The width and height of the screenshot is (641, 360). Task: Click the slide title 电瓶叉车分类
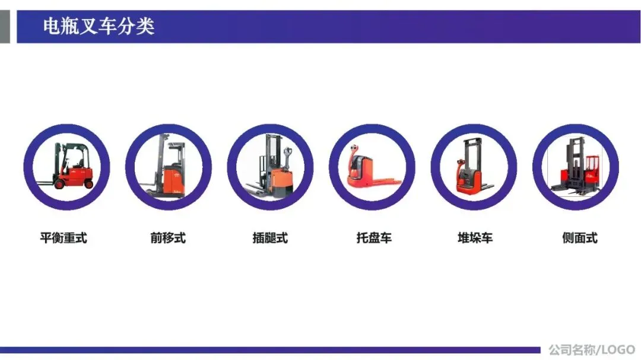click(99, 26)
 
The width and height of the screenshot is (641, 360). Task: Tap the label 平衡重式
click(64, 237)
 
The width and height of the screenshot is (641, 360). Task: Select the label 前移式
click(168, 237)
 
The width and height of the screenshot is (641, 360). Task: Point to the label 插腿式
click(270, 237)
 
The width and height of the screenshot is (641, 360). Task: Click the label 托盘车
click(374, 237)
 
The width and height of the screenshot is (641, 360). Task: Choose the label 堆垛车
click(475, 237)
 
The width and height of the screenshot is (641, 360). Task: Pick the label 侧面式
click(580, 237)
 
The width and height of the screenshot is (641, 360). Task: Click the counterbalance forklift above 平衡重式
click(69, 166)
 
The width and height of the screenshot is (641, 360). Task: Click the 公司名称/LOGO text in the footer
click(592, 350)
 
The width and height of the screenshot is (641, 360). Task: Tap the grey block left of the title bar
click(5, 26)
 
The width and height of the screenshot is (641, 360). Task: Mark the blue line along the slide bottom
click(270, 350)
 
